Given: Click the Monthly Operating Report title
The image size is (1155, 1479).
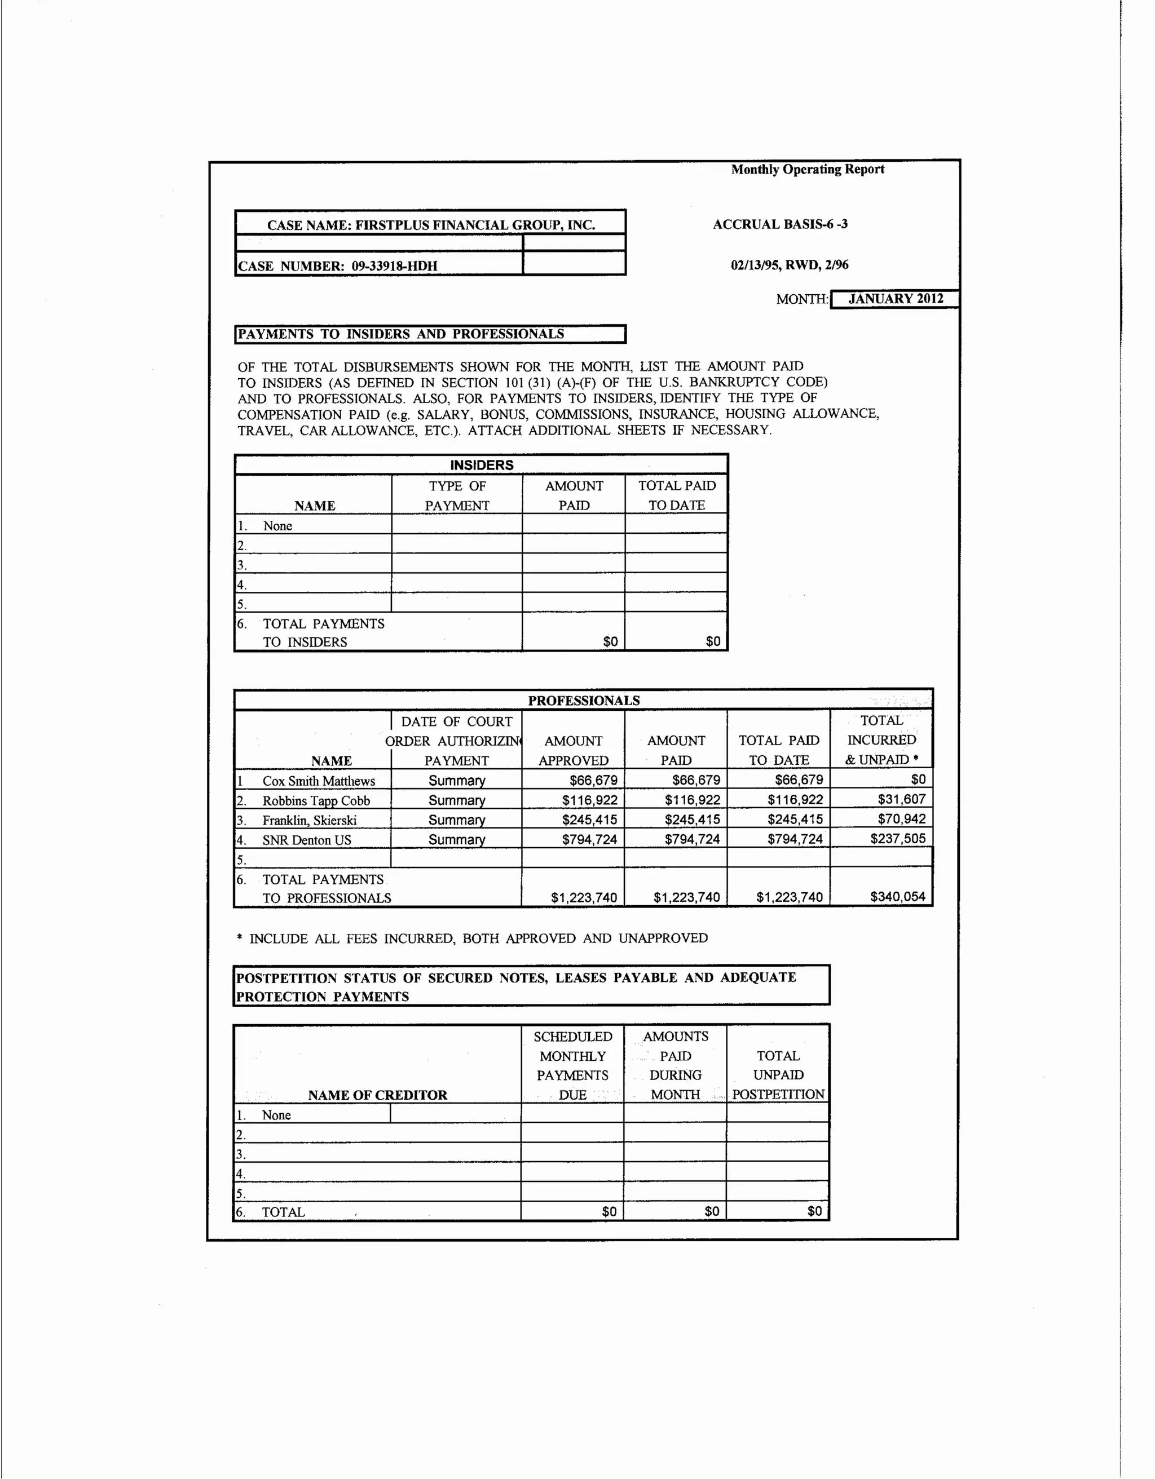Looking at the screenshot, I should coord(807,169).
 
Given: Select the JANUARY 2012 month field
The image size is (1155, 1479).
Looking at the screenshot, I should coord(895,299).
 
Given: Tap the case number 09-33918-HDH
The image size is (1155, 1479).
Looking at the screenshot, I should coord(394,265).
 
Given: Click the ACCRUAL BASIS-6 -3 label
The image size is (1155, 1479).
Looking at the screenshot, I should coord(780,224).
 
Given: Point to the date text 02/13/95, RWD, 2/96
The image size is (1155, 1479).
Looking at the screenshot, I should coord(789,265).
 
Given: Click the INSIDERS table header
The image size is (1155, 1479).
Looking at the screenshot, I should coord(482,464).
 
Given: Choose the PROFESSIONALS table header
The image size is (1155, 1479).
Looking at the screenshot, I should coord(583,700).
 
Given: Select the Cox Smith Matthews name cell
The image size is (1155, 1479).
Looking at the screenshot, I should coord(319,781).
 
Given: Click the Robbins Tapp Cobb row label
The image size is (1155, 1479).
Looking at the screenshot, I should coord(316,800).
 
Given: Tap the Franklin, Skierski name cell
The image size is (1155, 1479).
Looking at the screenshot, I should coord(310,820).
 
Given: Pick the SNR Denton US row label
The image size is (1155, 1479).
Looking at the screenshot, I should coord(307,840).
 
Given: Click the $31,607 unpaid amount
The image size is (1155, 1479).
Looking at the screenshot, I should coord(901,799).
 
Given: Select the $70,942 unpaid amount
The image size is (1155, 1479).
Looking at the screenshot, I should coord(901,819).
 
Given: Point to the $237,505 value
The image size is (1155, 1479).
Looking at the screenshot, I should coord(898,838).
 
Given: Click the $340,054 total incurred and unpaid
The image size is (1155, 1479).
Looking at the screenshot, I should coord(898,897).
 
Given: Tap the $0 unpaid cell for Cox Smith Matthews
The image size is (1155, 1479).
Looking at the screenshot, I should coord(918,780).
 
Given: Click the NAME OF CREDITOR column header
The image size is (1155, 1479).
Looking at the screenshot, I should coord(377,1095).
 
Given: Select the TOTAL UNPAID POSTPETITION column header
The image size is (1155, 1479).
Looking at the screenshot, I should coord(778,1075).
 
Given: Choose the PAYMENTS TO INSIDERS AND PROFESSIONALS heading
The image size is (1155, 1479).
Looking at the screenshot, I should coord(401,334).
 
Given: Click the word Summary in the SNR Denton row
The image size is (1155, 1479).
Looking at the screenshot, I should coord(457,840).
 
